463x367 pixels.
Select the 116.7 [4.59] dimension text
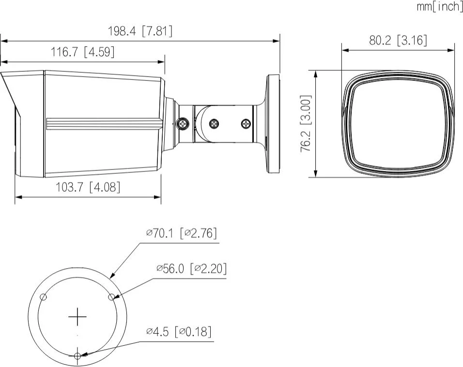click(x=83, y=52)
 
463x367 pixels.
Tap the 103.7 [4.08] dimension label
click(x=88, y=187)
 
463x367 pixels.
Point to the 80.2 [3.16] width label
click(x=398, y=40)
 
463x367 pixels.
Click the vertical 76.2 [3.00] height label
click(x=306, y=123)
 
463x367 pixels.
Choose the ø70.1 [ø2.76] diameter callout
click(x=182, y=233)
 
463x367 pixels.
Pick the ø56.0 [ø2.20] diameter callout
click(x=191, y=268)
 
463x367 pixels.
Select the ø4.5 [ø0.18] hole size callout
click(x=179, y=332)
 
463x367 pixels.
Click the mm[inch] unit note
click(x=440, y=7)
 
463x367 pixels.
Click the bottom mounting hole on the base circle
click(x=77, y=356)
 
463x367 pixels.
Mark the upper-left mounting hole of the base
click(x=44, y=297)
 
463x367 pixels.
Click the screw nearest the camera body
click(x=183, y=124)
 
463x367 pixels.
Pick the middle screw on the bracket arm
click(x=214, y=124)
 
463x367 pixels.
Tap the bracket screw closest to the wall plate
click(x=247, y=124)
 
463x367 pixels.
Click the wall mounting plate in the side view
click(x=273, y=123)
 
